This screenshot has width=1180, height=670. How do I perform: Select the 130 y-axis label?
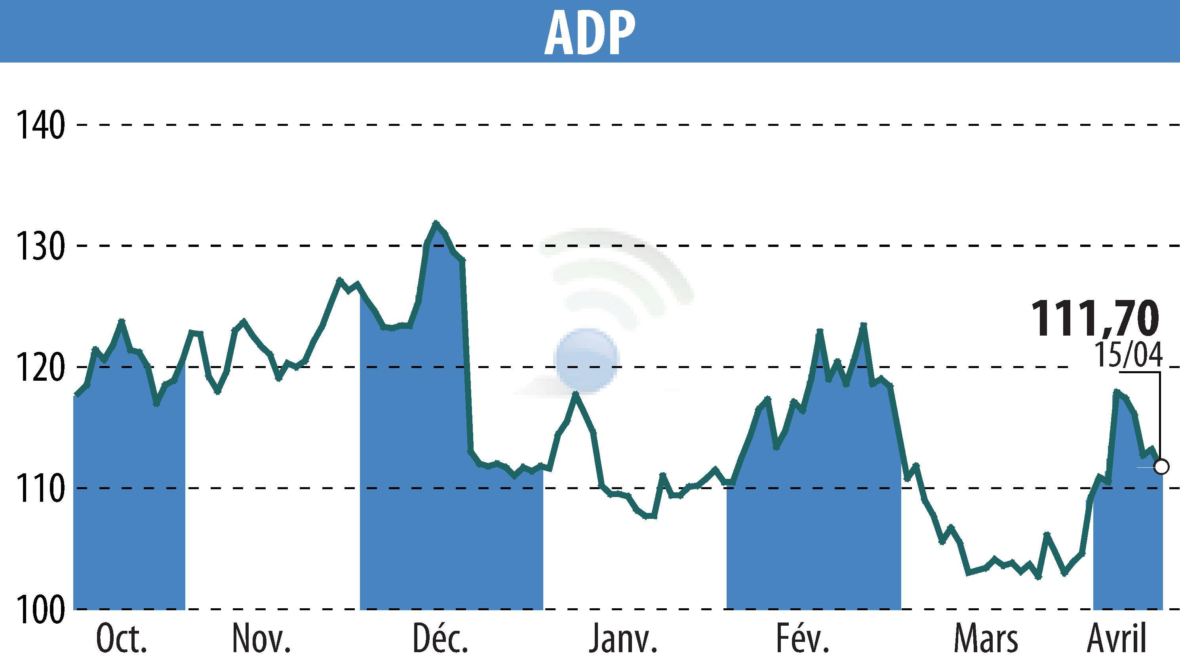(40, 247)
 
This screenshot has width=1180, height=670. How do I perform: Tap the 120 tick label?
(40, 368)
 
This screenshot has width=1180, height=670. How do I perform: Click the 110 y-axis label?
(40, 489)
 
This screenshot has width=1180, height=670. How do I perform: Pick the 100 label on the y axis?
(40, 610)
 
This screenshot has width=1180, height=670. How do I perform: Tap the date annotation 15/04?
(1128, 355)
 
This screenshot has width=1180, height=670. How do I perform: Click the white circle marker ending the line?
(1161, 467)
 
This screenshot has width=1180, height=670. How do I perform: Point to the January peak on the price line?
(575, 393)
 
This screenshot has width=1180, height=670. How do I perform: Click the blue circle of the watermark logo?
(586, 360)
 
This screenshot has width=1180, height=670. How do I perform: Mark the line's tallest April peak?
(1116, 392)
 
